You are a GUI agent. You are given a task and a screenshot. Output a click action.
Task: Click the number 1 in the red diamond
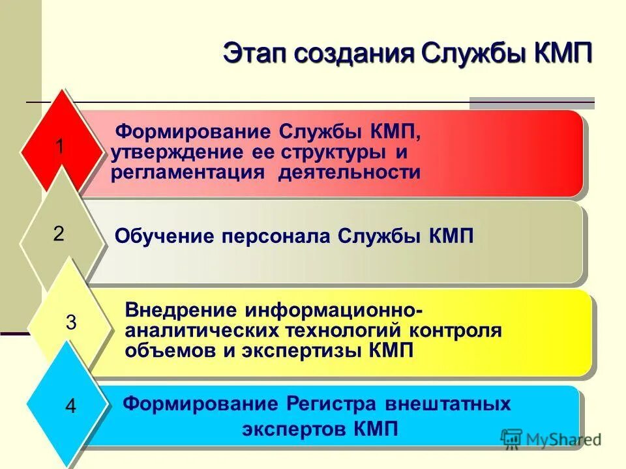click(x=59, y=147)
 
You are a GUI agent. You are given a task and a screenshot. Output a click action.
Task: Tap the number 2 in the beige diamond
click(x=59, y=234)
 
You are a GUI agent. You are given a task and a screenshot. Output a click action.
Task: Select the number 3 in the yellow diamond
click(x=72, y=322)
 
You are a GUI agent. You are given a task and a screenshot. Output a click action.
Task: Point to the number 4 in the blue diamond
click(x=71, y=407)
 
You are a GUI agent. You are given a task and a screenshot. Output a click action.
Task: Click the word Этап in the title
click(x=254, y=52)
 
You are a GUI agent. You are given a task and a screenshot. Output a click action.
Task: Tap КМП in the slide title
click(x=562, y=52)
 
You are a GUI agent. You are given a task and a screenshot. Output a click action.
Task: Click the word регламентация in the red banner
click(x=188, y=173)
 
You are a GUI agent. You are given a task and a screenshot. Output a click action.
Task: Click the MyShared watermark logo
click(x=551, y=439)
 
